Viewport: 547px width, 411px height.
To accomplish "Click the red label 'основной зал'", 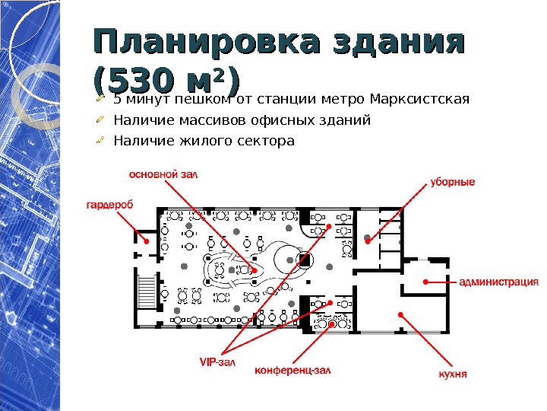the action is tap(163, 174).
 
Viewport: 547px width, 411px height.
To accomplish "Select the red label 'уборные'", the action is tap(453, 182).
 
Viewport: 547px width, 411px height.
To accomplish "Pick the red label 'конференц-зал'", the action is tap(292, 371).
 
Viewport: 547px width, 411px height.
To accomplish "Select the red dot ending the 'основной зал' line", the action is tap(255, 269).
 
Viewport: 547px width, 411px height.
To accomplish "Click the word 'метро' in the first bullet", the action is tap(345, 99).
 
